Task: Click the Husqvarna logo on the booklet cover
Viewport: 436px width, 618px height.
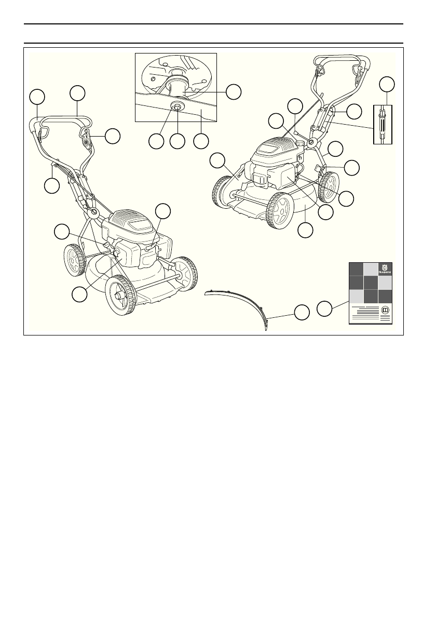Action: click(385, 268)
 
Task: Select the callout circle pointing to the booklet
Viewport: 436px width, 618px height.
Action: click(324, 307)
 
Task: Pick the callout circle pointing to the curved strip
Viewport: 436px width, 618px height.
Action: click(301, 313)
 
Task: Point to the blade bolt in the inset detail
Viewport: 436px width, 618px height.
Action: click(178, 106)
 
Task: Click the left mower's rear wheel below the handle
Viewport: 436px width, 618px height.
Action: click(74, 260)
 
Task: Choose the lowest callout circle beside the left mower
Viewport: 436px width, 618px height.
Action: click(79, 294)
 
